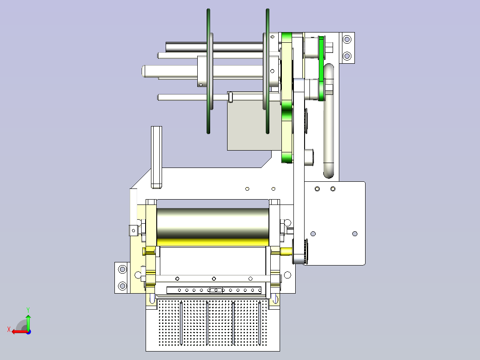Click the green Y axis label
(28, 310)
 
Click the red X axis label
(9, 330)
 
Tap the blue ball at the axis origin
(28, 332)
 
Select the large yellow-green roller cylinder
(213, 227)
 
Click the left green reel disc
(208, 71)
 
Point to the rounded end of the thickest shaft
(143, 71)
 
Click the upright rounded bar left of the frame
(156, 157)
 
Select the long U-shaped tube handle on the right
(329, 121)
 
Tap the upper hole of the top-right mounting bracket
(347, 39)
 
